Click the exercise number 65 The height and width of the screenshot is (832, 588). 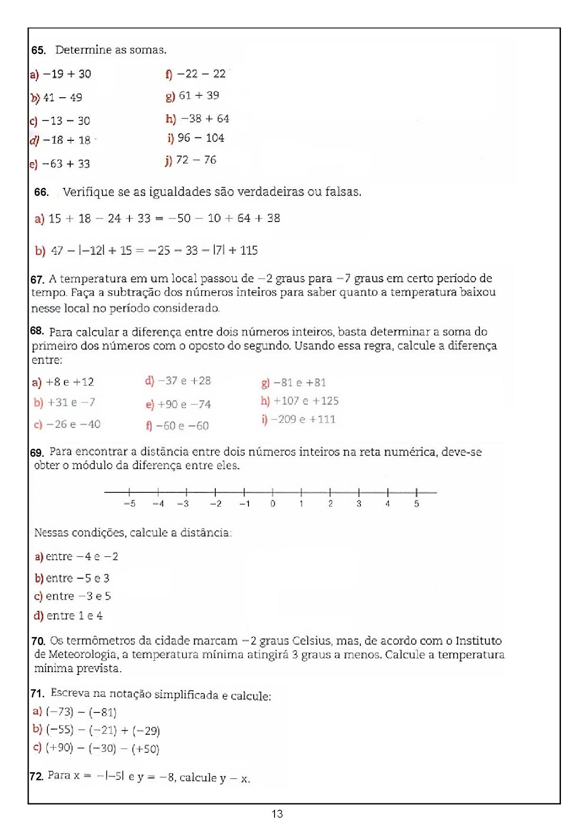point(38,50)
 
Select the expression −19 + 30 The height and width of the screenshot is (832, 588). point(67,74)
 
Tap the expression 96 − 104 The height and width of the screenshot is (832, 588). point(201,138)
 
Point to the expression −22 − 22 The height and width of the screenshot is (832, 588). point(201,74)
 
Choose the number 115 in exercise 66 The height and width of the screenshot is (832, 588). point(249,251)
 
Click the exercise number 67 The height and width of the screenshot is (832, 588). point(37,280)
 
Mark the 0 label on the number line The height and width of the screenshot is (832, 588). point(272,503)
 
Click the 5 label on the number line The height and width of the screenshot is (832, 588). point(416,503)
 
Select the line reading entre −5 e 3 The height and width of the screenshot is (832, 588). point(77,578)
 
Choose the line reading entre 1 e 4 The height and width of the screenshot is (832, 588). point(74,616)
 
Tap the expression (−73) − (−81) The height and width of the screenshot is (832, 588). point(81,712)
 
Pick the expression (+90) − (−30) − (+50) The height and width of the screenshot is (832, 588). point(102,749)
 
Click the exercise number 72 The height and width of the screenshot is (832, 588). point(36,776)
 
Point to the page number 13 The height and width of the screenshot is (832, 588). point(277,814)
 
